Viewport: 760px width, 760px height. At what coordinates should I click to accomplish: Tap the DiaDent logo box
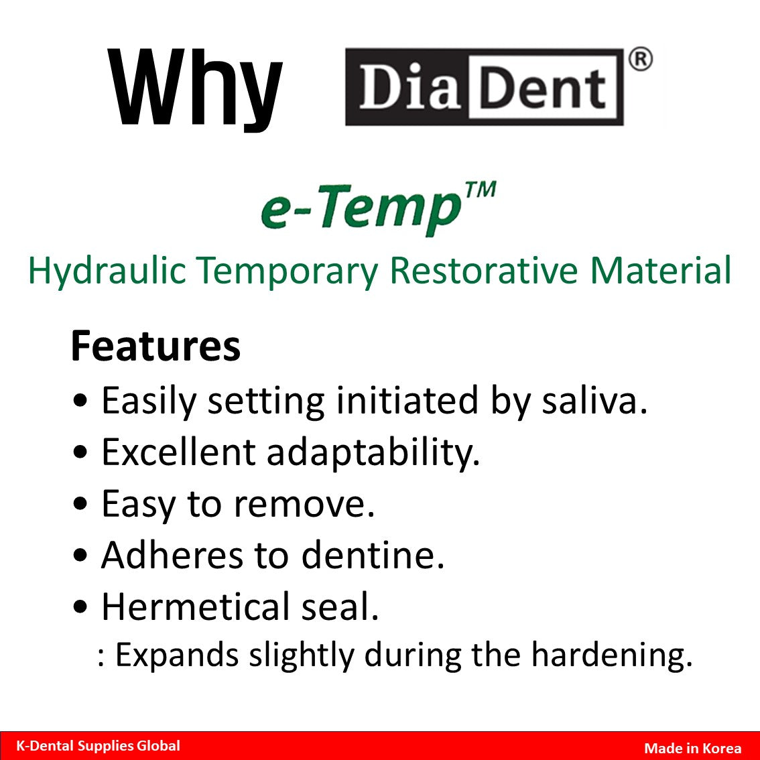pos(484,87)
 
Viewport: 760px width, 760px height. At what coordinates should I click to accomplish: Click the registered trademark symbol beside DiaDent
pos(640,60)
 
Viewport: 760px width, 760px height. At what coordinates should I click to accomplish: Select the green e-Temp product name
pos(362,209)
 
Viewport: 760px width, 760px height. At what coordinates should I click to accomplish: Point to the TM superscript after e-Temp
pos(479,190)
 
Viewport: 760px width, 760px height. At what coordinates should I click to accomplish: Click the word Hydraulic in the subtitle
pos(107,271)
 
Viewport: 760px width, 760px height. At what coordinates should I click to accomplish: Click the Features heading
pos(155,346)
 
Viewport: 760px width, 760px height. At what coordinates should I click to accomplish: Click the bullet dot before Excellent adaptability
pos(80,453)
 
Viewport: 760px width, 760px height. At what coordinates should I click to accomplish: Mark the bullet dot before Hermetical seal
pos(80,608)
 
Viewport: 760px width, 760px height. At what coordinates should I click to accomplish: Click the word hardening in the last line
pos(611,655)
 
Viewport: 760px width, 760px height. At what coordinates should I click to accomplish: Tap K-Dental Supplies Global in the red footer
pos(98,746)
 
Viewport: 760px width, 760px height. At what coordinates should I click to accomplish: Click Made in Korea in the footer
pos(692,749)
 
